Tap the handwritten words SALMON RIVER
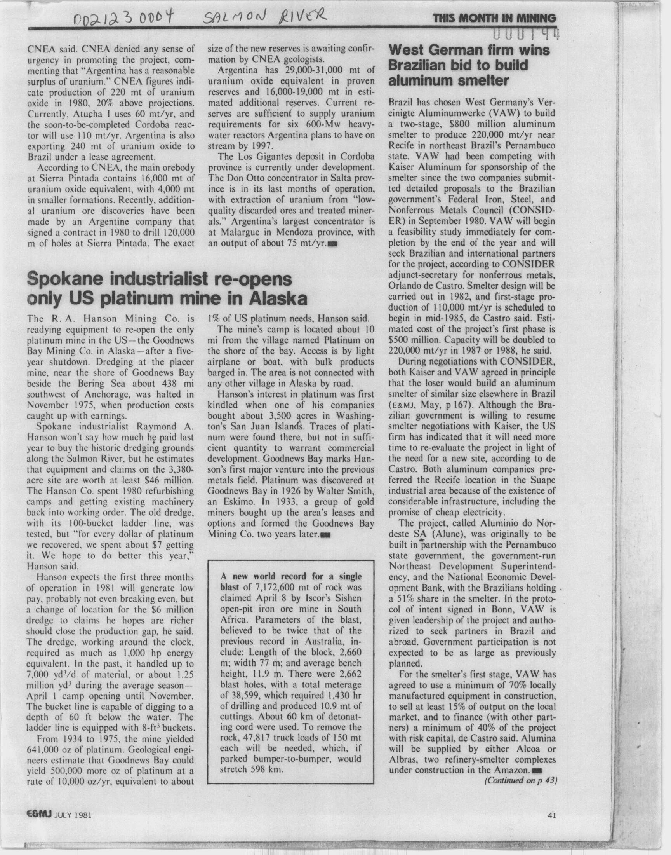click(x=263, y=16)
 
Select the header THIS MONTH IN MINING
click(x=494, y=19)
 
